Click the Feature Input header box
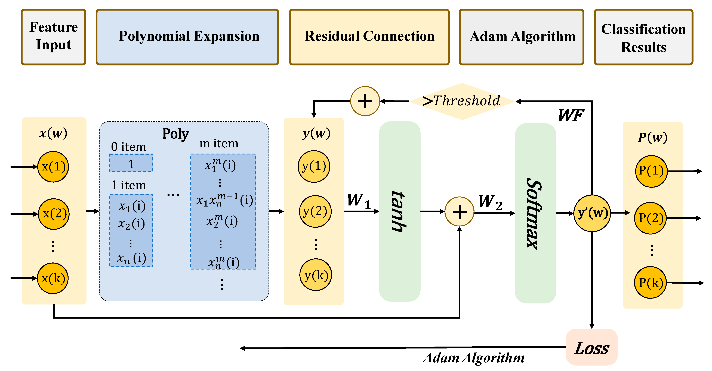[x=53, y=37]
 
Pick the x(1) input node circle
[x=53, y=167]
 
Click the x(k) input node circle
[x=53, y=278]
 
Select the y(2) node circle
[x=315, y=211]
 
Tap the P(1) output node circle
[x=651, y=171]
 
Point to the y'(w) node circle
[x=592, y=213]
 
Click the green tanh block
[x=399, y=211]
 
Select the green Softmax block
[x=535, y=213]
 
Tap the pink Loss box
[x=591, y=347]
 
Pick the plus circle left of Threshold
[x=365, y=101]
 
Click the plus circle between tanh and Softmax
[x=459, y=212]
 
